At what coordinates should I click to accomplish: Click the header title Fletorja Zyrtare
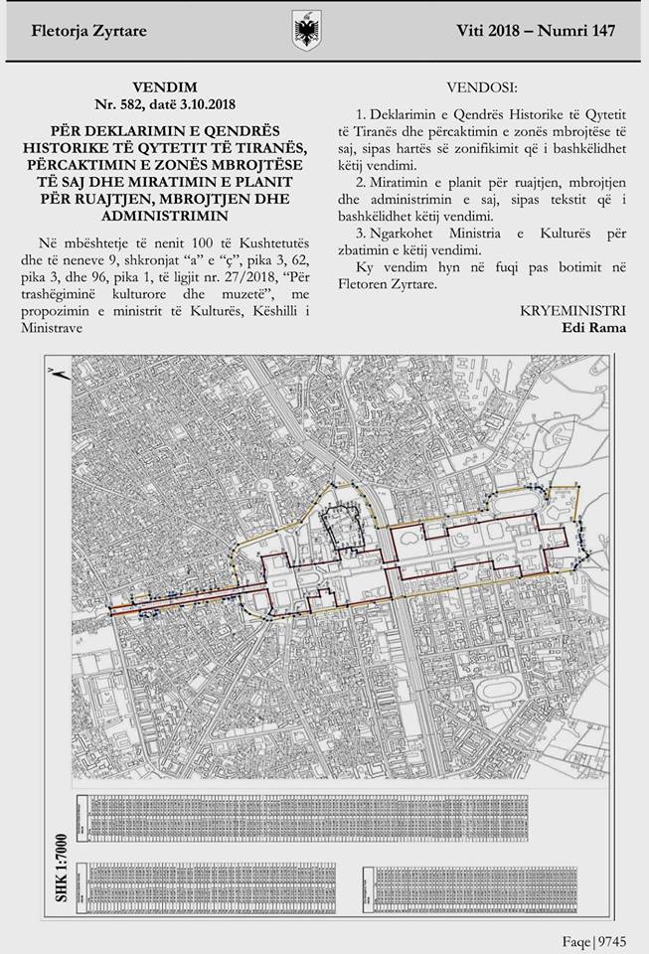click(91, 31)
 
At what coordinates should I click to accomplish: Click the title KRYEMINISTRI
click(573, 311)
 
